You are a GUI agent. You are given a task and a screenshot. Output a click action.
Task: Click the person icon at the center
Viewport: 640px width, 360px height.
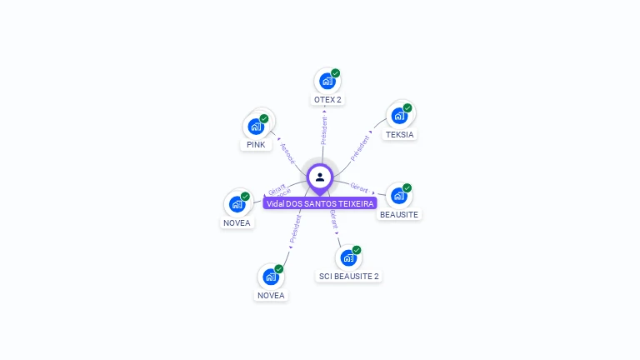(320, 177)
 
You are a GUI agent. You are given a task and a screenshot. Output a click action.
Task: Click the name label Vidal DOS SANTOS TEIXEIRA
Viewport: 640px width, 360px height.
(320, 203)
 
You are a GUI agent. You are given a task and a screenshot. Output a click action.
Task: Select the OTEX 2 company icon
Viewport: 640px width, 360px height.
(327, 82)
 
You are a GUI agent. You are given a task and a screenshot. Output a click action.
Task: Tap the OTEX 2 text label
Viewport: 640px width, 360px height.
(327, 100)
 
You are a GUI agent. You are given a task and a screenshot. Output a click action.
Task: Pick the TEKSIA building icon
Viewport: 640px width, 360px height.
(399, 116)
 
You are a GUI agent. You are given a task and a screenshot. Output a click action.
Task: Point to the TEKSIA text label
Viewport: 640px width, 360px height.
(400, 134)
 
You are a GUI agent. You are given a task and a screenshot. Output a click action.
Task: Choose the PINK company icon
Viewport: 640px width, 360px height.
(256, 127)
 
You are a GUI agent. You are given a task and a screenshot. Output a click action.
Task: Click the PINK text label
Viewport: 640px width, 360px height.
(256, 145)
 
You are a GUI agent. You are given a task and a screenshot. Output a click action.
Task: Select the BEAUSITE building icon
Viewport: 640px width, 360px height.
(398, 196)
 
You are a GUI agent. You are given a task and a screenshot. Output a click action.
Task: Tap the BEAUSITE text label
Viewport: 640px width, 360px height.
(399, 214)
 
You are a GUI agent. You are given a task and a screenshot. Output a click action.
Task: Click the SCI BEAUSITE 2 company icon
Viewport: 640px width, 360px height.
(348, 257)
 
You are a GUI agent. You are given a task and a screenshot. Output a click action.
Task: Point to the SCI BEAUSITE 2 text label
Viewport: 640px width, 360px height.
(349, 276)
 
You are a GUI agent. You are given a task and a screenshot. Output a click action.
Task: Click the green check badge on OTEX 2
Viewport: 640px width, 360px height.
(335, 73)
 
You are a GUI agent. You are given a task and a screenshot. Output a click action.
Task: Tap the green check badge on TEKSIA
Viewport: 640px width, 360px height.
(407, 107)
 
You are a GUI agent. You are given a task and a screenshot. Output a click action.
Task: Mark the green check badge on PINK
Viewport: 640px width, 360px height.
(264, 118)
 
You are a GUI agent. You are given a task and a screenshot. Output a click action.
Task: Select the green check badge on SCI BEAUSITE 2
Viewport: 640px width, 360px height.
(357, 249)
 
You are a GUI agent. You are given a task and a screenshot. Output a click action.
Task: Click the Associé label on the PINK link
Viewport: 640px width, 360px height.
(287, 152)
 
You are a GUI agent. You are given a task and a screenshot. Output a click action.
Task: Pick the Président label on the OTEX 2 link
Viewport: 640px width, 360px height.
(324, 130)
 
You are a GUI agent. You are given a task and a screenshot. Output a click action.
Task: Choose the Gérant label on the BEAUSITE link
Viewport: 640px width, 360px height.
(359, 187)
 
